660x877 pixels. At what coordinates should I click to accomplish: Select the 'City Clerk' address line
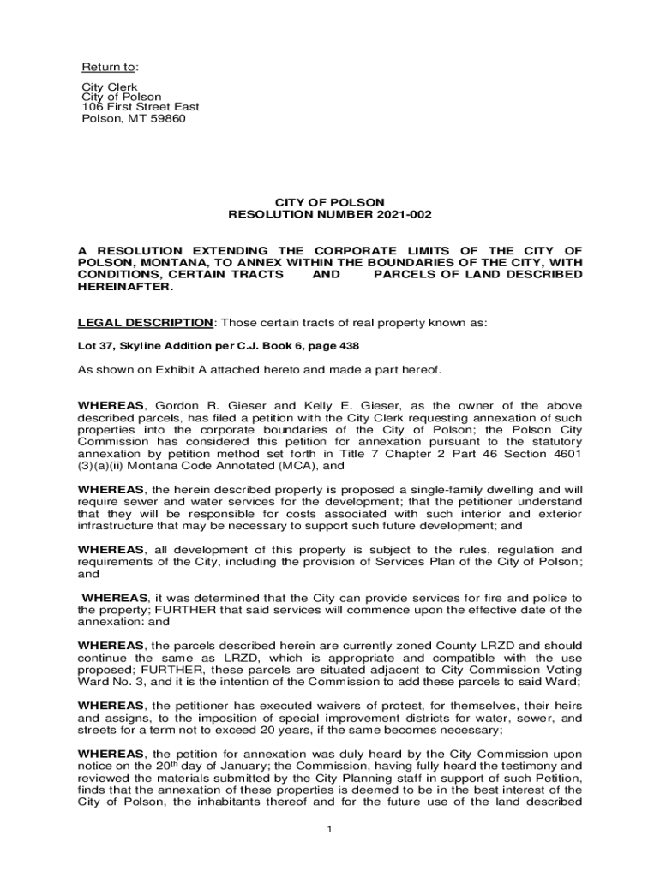(x=109, y=87)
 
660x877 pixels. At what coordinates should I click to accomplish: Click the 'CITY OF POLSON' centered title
(x=330, y=202)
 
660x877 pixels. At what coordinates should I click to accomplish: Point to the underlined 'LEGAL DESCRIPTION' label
(x=145, y=322)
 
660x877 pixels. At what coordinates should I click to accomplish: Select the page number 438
(x=348, y=346)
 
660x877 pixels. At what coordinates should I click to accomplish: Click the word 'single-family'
(x=447, y=489)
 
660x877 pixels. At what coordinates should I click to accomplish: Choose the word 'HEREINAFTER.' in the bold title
(x=125, y=287)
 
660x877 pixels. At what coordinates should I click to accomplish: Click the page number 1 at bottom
(x=330, y=830)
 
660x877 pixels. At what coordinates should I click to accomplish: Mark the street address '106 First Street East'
(x=140, y=107)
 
